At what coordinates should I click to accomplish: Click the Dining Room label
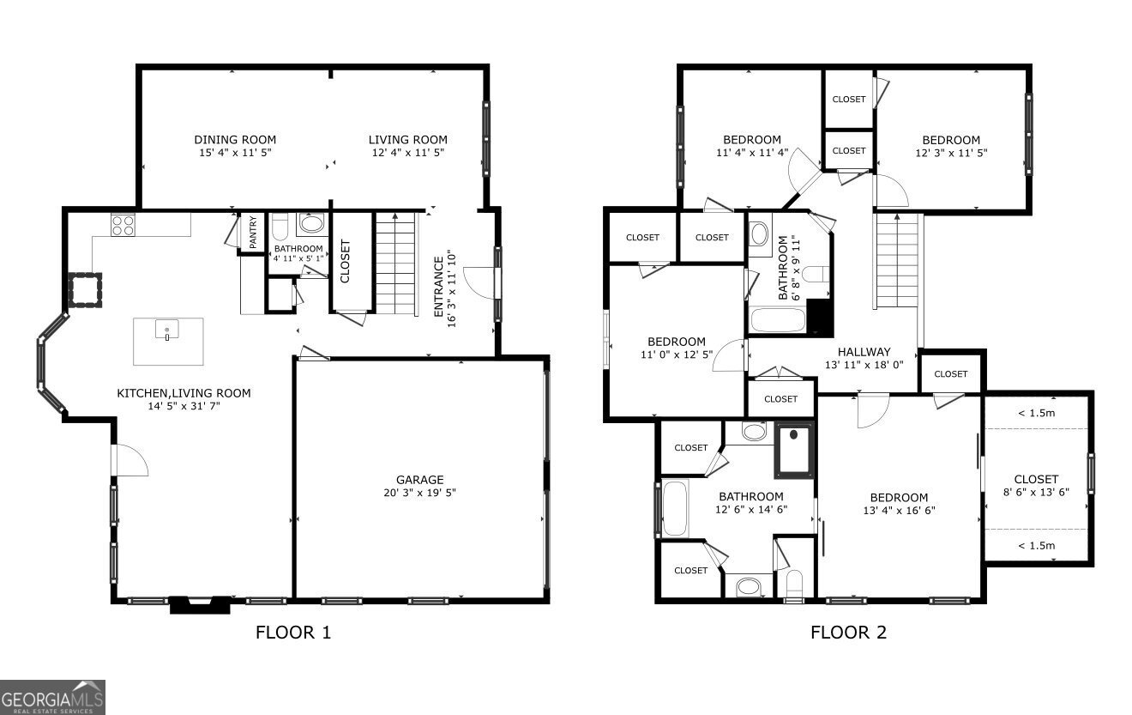click(x=235, y=140)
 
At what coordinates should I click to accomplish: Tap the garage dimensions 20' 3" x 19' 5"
click(x=419, y=494)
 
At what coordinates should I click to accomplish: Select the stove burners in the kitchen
click(x=123, y=225)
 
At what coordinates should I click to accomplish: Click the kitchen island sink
click(x=168, y=330)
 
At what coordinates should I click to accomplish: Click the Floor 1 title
click(x=292, y=633)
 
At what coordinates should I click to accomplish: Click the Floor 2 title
click(x=848, y=633)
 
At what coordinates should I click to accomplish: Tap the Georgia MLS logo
click(x=52, y=697)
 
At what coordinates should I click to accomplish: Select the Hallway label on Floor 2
click(x=864, y=352)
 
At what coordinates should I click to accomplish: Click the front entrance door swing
click(x=479, y=283)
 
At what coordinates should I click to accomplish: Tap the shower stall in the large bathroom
click(x=794, y=450)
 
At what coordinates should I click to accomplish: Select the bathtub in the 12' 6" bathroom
click(x=674, y=510)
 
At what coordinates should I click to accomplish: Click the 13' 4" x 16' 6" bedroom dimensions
click(x=899, y=510)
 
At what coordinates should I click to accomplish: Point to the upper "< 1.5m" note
click(x=1036, y=413)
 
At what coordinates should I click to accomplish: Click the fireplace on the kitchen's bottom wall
click(x=201, y=605)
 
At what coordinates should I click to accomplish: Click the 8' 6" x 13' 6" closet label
click(x=1036, y=486)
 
